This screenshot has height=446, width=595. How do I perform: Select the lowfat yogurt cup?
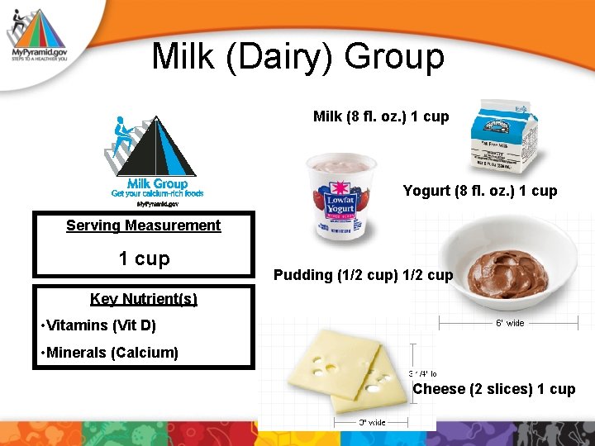(x=341, y=198)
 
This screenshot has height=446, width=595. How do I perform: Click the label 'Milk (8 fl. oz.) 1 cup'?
(x=381, y=116)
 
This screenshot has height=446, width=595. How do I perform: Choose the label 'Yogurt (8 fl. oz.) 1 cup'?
(x=479, y=191)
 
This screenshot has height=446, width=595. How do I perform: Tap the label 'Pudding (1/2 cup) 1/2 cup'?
(x=363, y=275)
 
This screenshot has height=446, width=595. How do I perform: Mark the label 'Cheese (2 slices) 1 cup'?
(x=494, y=389)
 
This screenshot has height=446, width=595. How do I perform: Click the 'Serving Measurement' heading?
(x=143, y=225)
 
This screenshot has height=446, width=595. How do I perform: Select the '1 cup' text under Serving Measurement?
(x=144, y=259)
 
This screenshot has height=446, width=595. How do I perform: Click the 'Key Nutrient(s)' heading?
(x=143, y=299)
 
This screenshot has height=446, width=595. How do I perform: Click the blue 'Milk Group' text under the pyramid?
(x=157, y=183)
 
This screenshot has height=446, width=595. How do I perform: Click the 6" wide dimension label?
(x=509, y=323)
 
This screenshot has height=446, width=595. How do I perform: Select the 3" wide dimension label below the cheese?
(x=372, y=422)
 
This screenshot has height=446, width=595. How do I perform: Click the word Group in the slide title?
(x=394, y=57)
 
